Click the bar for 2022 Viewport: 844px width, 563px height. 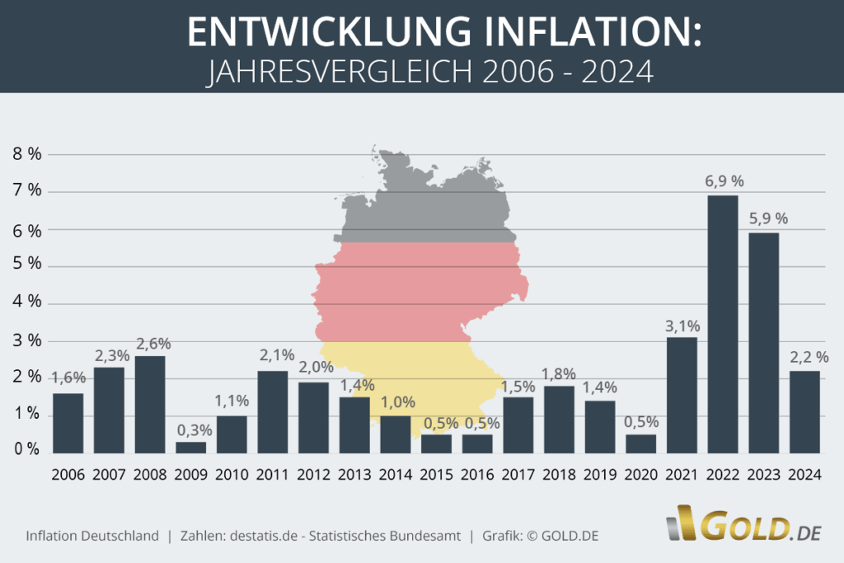click(x=722, y=324)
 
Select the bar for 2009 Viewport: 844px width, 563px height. click(x=190, y=447)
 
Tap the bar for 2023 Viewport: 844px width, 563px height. click(x=763, y=342)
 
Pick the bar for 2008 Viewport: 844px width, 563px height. click(x=150, y=404)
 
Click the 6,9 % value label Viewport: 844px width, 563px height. click(x=724, y=181)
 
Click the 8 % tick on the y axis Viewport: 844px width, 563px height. click(x=26, y=154)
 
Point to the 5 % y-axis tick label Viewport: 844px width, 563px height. click(x=26, y=265)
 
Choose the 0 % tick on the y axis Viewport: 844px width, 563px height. click(x=26, y=450)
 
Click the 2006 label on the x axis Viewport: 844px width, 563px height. click(x=68, y=476)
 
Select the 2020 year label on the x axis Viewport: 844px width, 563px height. click(x=640, y=476)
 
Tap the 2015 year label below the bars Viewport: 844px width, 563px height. click(x=436, y=476)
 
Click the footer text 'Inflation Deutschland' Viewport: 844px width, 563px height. click(x=92, y=536)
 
